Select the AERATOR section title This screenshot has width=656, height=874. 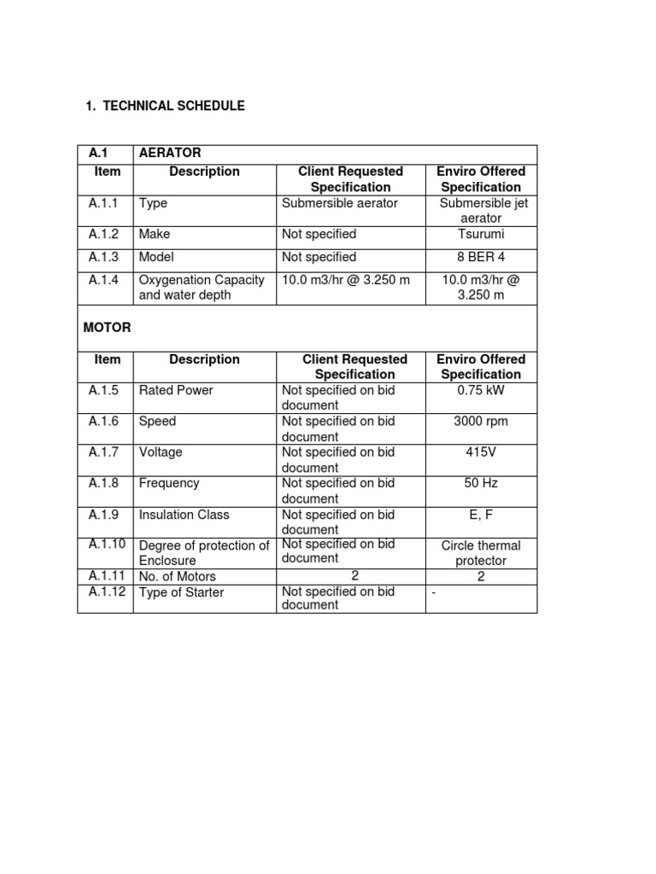point(170,153)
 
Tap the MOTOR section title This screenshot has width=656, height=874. point(107,327)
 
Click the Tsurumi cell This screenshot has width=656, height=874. point(481,234)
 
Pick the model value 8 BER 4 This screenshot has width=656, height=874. point(481,257)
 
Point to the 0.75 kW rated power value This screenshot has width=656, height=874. point(481,390)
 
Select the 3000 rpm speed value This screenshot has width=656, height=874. point(481,421)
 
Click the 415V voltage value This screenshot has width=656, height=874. point(481,452)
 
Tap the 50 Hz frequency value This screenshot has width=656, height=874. point(481,483)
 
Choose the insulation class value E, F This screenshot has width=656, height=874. point(481,514)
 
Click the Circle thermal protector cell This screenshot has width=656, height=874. point(481,553)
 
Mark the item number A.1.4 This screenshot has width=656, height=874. point(104,279)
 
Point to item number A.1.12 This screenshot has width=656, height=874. point(107,591)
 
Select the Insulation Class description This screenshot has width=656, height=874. point(184,515)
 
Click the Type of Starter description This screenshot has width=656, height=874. point(181,592)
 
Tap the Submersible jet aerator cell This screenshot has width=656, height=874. point(481,210)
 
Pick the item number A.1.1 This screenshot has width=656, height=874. point(104,203)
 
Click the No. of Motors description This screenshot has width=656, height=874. point(177,577)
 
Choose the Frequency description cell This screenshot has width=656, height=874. point(168,483)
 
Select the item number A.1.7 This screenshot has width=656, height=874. point(104,452)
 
